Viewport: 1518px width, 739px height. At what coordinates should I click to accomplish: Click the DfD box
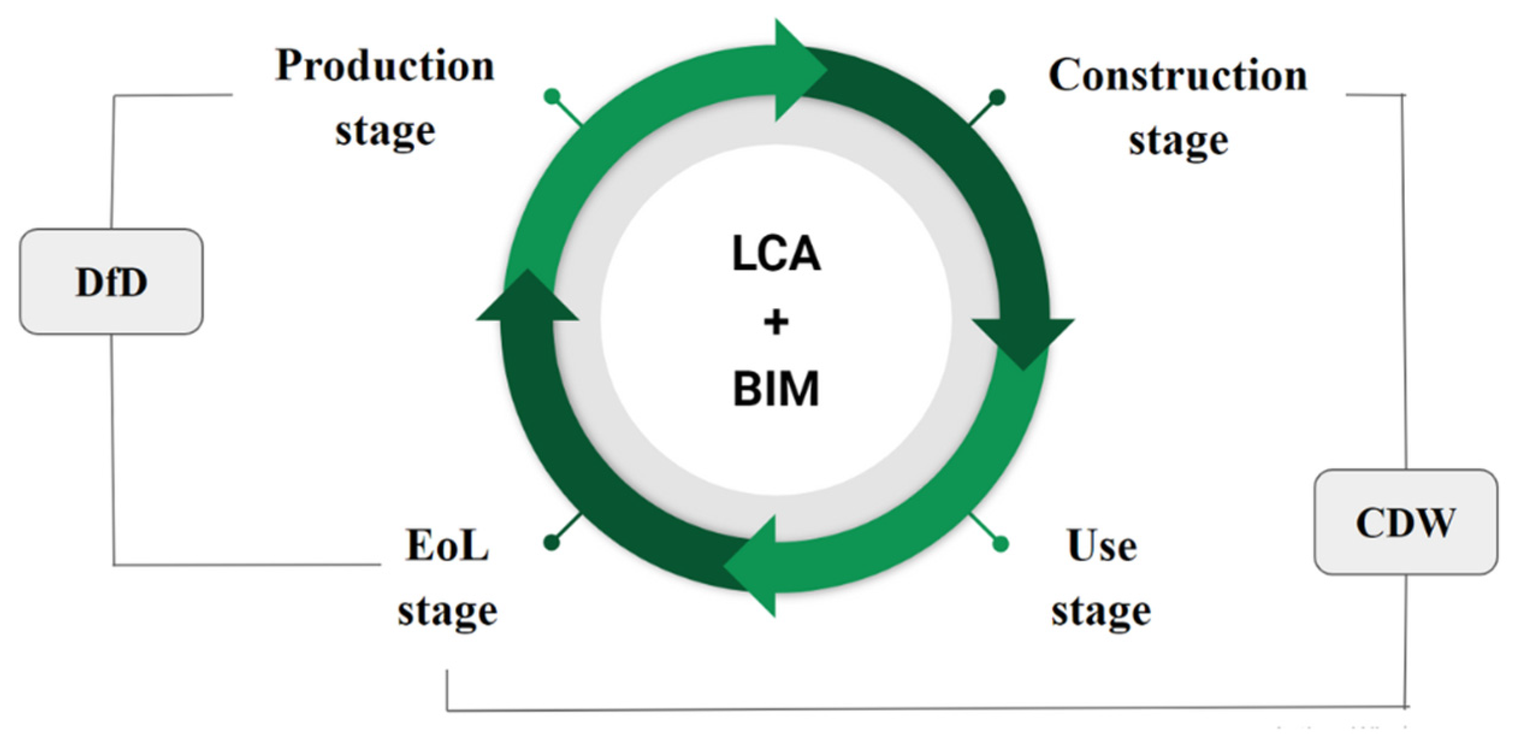click(111, 281)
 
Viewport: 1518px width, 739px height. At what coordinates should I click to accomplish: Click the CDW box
click(1405, 521)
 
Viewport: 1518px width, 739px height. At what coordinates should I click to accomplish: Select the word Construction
click(1177, 75)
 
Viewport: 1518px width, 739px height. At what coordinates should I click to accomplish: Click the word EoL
click(447, 545)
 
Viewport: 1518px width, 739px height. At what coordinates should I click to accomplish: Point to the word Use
click(1102, 545)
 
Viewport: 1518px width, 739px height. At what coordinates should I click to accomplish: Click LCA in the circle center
click(776, 253)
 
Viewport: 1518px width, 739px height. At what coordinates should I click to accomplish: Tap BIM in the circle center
click(776, 389)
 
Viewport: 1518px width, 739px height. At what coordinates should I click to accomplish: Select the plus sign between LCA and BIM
click(776, 321)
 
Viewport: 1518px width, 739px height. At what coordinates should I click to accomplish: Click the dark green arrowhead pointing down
click(1023, 340)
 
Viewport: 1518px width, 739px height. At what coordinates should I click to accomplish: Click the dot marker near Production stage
click(552, 96)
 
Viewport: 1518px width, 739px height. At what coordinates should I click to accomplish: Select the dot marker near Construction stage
click(997, 96)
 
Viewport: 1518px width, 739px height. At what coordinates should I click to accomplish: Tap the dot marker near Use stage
click(1000, 544)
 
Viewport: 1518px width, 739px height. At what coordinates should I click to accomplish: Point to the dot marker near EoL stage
click(551, 542)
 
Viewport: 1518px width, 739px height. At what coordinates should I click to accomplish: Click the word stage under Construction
click(1178, 141)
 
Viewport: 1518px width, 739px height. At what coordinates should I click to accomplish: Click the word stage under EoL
click(448, 612)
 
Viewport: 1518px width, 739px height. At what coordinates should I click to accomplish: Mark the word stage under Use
click(1101, 612)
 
